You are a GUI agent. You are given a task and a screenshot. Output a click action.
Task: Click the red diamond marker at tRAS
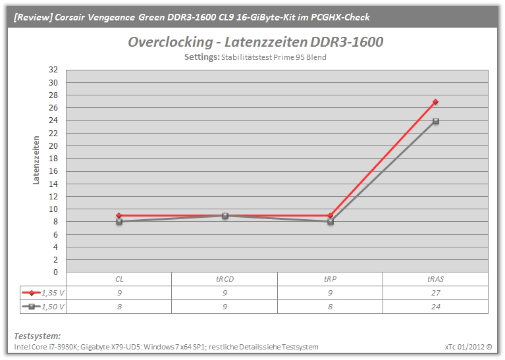[435, 102]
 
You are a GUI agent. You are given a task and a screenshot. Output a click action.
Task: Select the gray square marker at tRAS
[436, 121]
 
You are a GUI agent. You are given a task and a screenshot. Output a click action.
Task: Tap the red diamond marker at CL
[119, 215]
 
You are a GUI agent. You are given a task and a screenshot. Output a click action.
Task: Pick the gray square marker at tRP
[331, 222]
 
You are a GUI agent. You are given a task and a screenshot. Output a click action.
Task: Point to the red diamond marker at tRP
[330, 215]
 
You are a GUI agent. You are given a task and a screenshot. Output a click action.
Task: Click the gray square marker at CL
[119, 222]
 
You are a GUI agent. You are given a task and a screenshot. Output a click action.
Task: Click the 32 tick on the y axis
[53, 70]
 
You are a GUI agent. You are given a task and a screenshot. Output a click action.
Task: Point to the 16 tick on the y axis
[53, 171]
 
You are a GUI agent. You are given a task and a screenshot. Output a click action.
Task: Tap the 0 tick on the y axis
[55, 272]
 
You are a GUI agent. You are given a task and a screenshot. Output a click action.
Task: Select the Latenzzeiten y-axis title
[36, 160]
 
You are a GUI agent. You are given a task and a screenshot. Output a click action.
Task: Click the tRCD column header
[225, 279]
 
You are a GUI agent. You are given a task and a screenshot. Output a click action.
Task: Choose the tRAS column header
[435, 279]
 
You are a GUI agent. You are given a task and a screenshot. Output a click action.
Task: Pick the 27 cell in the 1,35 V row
[435, 293]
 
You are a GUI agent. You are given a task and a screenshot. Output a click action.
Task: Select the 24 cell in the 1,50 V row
[435, 307]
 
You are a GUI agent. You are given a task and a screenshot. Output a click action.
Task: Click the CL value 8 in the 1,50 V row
[119, 307]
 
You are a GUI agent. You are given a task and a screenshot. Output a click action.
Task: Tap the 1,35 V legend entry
[43, 293]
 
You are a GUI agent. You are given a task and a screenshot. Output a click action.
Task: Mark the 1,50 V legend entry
[43, 307]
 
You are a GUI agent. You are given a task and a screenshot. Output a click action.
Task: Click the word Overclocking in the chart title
[171, 42]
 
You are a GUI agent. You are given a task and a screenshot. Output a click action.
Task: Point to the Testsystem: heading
[37, 336]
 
